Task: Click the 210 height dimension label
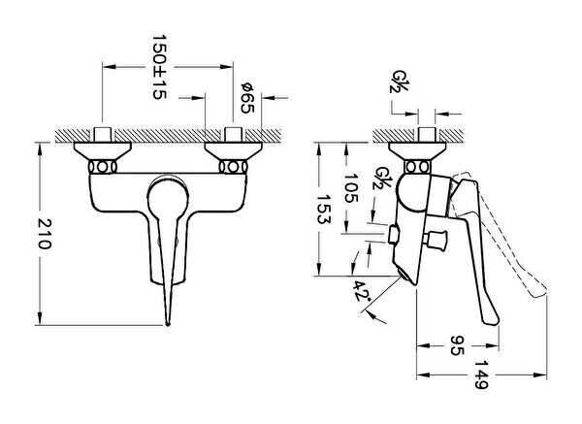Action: (x=46, y=234)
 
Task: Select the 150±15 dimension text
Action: (x=159, y=67)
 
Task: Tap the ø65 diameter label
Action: (x=247, y=98)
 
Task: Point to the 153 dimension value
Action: (x=324, y=209)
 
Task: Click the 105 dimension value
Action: (x=351, y=187)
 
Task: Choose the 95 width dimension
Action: (x=457, y=345)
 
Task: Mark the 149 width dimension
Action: (x=482, y=375)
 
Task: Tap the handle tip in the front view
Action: (x=168, y=323)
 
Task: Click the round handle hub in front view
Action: (x=167, y=196)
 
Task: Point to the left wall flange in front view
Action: (x=103, y=151)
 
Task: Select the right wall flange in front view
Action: (x=234, y=151)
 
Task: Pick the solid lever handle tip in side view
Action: (x=491, y=320)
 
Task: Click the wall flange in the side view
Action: (x=417, y=151)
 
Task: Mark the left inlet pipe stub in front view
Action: (x=103, y=135)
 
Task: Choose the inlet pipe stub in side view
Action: (x=427, y=135)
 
